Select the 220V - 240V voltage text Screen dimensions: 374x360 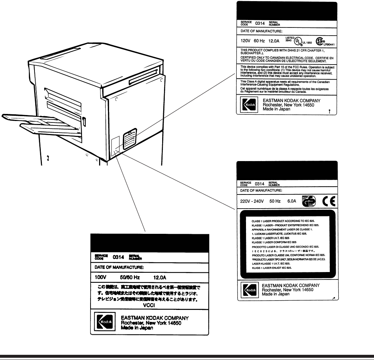[x=255, y=202]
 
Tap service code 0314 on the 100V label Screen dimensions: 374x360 [x=118, y=256]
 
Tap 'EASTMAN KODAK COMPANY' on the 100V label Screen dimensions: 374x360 [x=155, y=318]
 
